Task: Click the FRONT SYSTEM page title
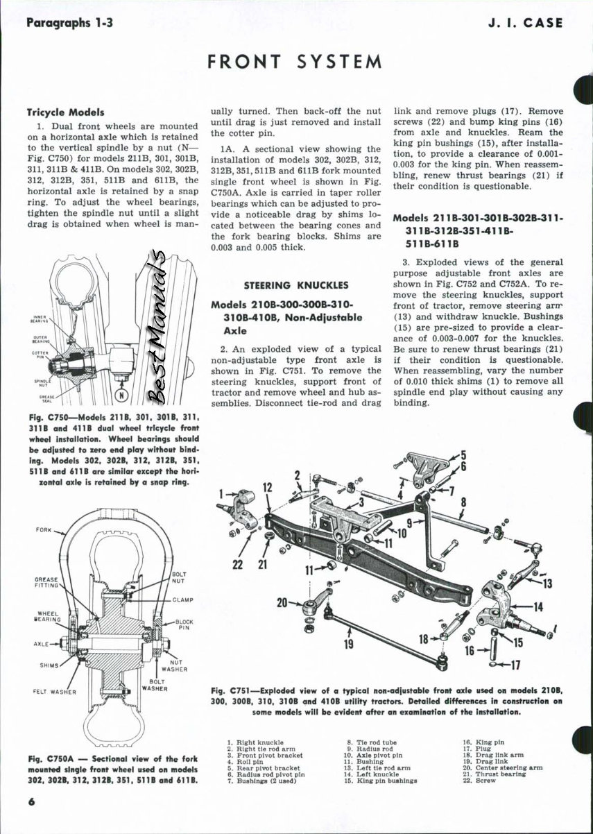coord(295,61)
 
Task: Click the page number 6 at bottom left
coord(31,802)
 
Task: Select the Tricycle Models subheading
coord(65,112)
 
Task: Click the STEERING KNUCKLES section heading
coord(296,285)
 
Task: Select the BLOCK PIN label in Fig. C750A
coord(184,625)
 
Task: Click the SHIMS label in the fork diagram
coord(49,665)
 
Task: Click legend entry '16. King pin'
coord(483,742)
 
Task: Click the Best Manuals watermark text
coord(160,326)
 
